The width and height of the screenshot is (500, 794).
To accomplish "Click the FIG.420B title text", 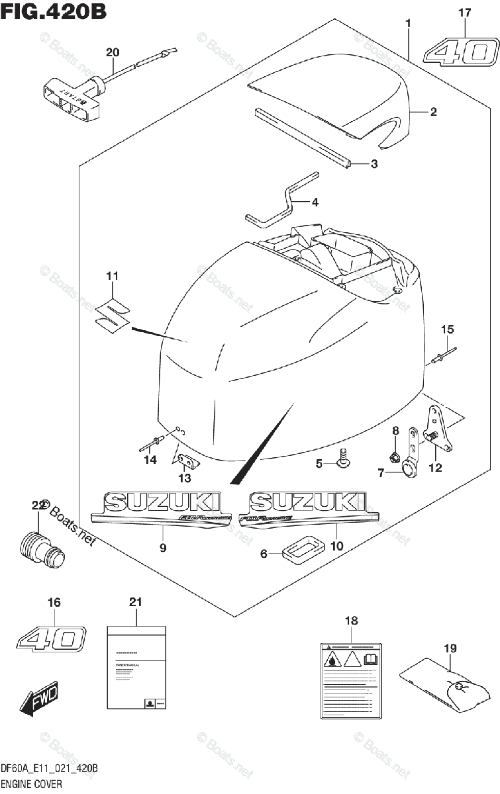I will coord(54,12).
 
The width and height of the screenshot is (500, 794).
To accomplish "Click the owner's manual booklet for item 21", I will coord(136,668).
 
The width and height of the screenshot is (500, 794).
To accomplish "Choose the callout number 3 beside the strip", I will coord(374,163).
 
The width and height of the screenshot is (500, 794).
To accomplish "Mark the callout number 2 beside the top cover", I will coord(433,112).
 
